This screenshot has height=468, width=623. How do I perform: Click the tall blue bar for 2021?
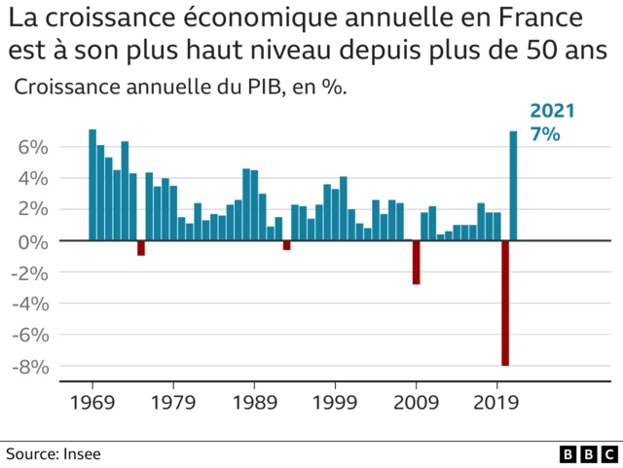(513, 186)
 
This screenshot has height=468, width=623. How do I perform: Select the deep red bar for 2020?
(505, 303)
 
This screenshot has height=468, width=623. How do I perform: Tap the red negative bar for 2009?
(417, 262)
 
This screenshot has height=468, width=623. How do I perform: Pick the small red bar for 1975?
(141, 248)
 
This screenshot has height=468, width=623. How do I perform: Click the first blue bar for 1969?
(92, 185)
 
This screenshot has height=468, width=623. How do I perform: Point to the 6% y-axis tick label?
(33, 147)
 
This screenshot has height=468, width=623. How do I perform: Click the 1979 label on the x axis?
(173, 401)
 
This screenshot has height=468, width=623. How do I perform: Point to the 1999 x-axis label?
(336, 401)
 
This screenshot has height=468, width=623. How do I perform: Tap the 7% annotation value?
(544, 135)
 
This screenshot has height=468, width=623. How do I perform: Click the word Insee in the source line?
(82, 453)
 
